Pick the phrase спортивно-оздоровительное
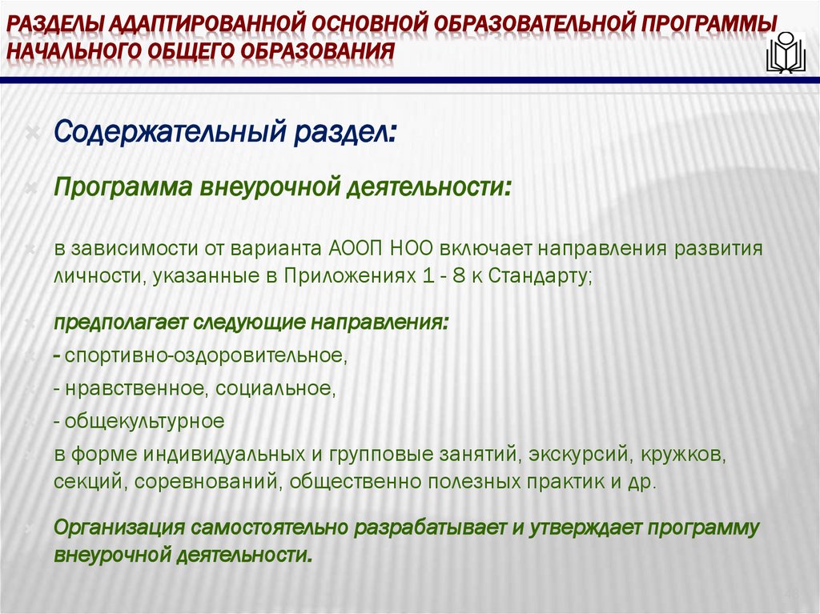click(206, 355)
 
